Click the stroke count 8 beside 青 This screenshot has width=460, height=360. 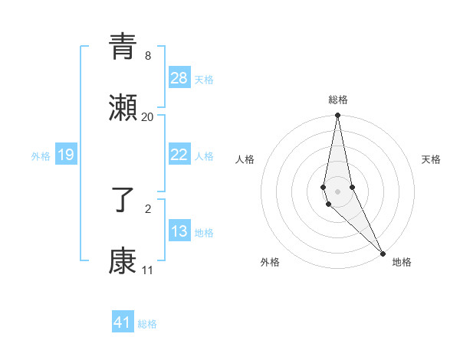click(x=147, y=56)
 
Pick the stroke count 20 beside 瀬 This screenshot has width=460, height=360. click(x=147, y=117)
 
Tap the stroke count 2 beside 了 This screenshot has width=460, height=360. click(x=147, y=208)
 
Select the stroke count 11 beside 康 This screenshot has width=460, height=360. click(x=147, y=270)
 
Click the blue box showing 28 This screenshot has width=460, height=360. click(x=179, y=78)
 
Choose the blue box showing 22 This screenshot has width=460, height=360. click(x=179, y=155)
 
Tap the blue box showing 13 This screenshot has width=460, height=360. click(x=179, y=231)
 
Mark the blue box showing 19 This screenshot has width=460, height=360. click(x=66, y=155)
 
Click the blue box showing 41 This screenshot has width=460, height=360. click(x=123, y=322)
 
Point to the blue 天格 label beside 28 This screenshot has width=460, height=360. click(x=204, y=79)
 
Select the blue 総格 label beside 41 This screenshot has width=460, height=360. click(x=147, y=324)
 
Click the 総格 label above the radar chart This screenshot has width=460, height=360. click(x=338, y=100)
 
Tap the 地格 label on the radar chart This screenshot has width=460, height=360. click(x=402, y=262)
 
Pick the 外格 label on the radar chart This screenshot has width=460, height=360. click(x=270, y=262)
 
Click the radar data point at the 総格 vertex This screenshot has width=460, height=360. click(x=337, y=116)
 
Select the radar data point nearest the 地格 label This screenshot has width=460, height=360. click(x=383, y=253)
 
